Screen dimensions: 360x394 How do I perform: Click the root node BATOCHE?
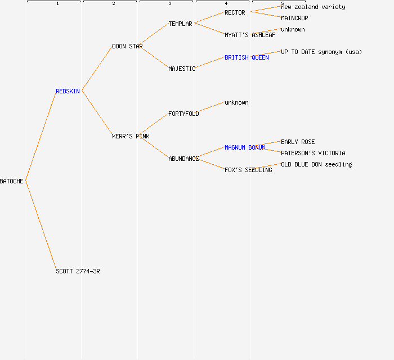[x=12, y=181]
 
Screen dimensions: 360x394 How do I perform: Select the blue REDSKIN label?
[x=68, y=91]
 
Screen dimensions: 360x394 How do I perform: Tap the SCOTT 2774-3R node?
[x=78, y=271]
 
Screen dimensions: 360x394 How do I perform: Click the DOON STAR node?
[x=127, y=46]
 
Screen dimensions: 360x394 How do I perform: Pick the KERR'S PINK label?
[x=131, y=136]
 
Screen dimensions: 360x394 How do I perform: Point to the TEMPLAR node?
[x=180, y=24]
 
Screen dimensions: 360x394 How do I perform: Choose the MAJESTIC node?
[x=182, y=69]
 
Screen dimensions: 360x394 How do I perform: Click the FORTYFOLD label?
[x=183, y=114]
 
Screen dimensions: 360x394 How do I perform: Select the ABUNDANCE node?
[x=183, y=159]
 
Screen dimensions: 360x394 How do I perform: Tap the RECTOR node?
[x=235, y=12]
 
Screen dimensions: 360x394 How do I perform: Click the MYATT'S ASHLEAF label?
[x=250, y=35]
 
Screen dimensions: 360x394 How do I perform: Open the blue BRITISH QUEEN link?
[x=247, y=57]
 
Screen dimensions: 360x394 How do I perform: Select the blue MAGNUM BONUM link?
[x=245, y=147]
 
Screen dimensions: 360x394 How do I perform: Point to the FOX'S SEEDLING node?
[x=248, y=170]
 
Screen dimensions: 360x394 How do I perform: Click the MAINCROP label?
[x=294, y=18]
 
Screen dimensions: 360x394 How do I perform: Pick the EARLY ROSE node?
[x=298, y=142]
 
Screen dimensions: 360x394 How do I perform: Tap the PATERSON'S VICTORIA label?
[x=313, y=153]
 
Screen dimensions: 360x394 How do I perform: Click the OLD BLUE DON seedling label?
[x=316, y=164]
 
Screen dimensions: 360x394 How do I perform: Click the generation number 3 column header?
[x=170, y=4]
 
